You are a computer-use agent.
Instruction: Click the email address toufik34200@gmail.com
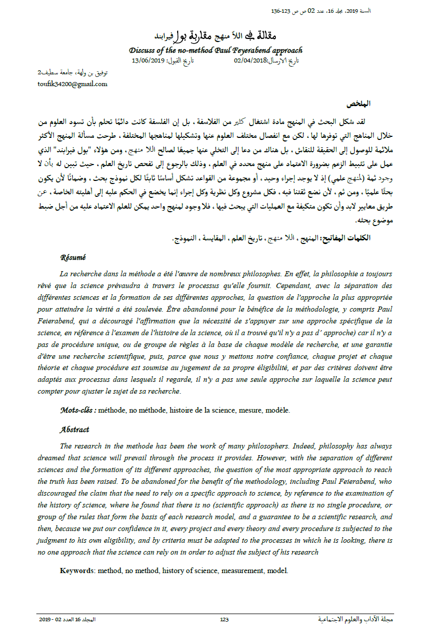pyautogui.click(x=73, y=84)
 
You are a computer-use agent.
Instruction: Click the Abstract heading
pyautogui.click(x=74, y=430)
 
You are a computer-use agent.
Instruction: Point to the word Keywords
pyautogui.click(x=77, y=570)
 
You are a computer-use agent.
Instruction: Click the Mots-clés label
pyautogui.click(x=77, y=410)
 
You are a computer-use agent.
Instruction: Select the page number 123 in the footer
pyautogui.click(x=224, y=619)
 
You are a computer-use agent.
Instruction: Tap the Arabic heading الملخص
pyautogui.click(x=359, y=104)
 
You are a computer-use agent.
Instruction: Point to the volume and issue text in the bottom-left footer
pyautogui.click(x=67, y=619)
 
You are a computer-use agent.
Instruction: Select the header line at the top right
pyautogui.click(x=328, y=11)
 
